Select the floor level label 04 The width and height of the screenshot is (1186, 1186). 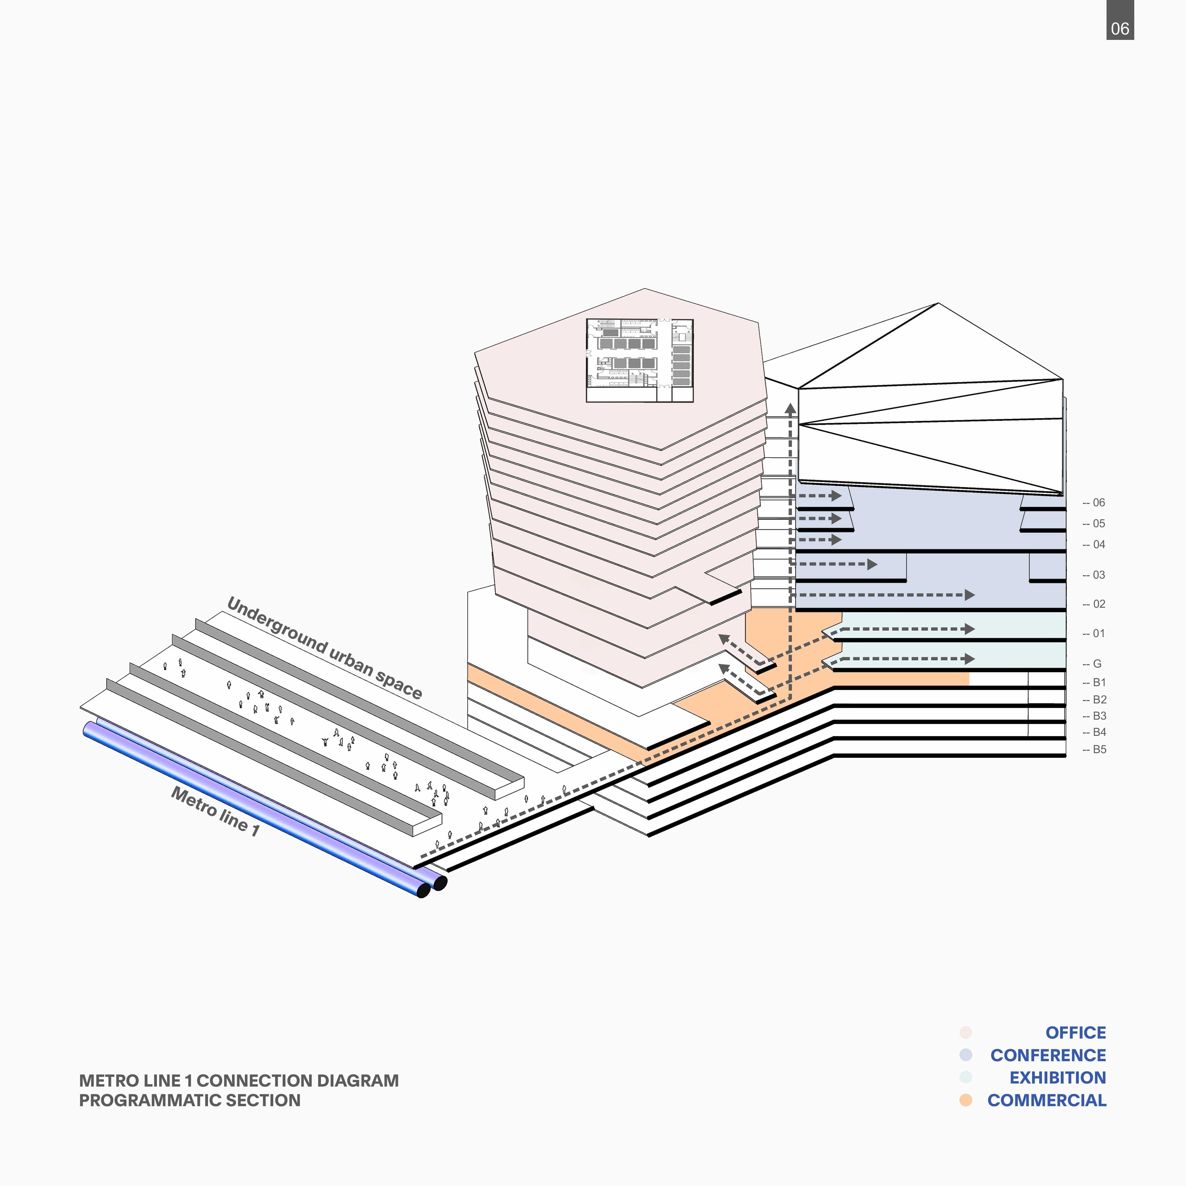pyautogui.click(x=1098, y=544)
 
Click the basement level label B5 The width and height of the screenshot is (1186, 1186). pyautogui.click(x=1099, y=749)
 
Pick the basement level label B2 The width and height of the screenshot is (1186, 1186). pyautogui.click(x=1099, y=699)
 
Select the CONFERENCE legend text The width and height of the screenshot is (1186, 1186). pyautogui.click(x=1048, y=1055)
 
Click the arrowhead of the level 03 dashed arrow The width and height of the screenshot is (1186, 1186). pyautogui.click(x=872, y=563)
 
